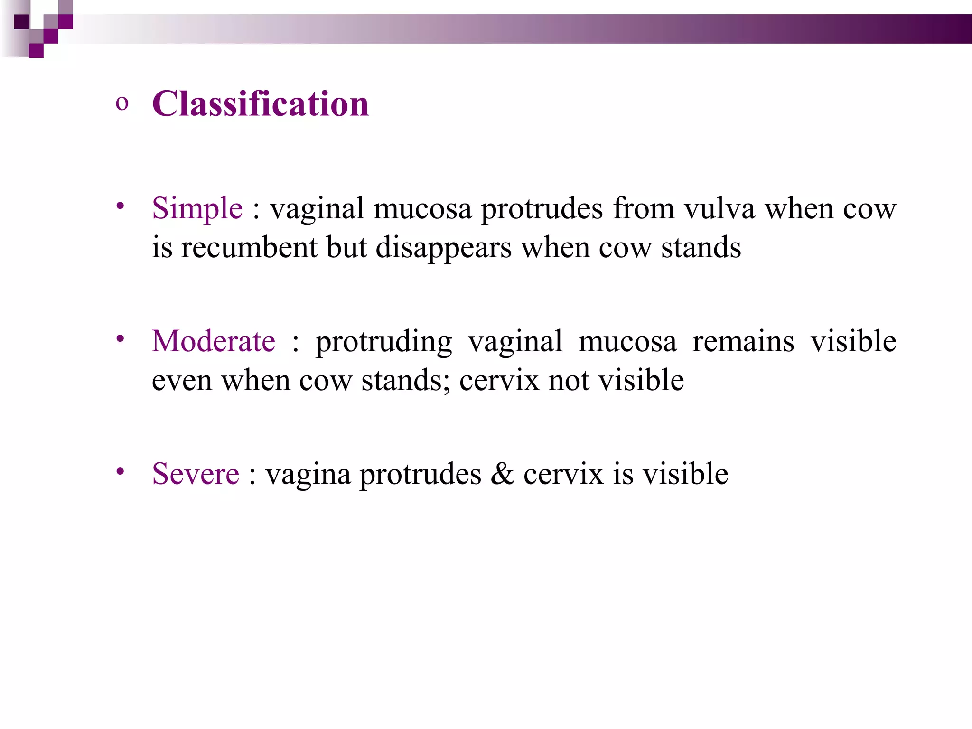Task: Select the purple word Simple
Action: tap(197, 208)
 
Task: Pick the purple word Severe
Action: tap(196, 474)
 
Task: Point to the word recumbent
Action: tap(249, 247)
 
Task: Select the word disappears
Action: tap(443, 248)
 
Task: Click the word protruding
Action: tap(383, 342)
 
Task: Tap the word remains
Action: tap(743, 341)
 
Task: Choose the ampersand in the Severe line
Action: tap(502, 474)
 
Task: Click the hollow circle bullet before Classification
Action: tap(122, 104)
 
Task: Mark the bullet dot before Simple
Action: tap(121, 206)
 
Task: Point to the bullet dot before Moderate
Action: tap(121, 338)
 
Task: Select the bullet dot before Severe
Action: tap(121, 471)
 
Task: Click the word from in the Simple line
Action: tap(643, 208)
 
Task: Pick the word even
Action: tap(182, 381)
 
